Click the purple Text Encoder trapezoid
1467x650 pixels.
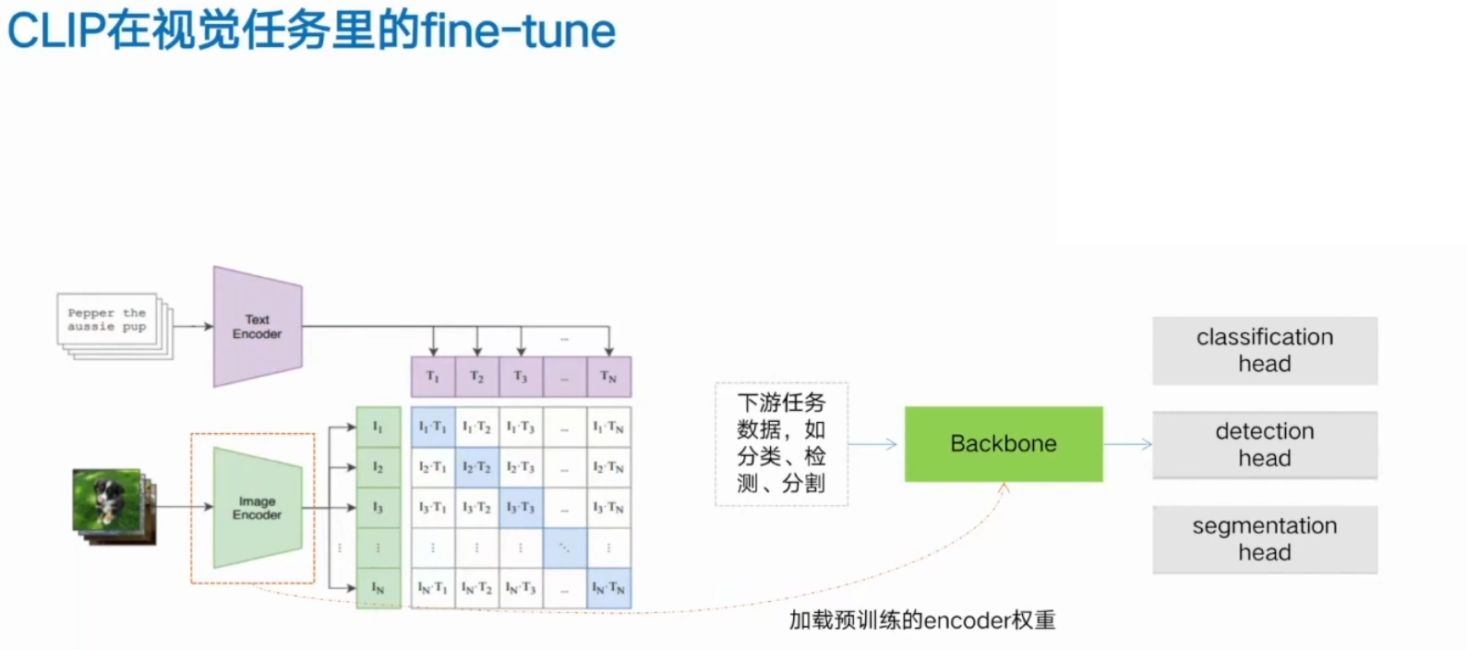[x=258, y=327]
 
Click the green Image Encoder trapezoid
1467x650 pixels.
[x=258, y=508]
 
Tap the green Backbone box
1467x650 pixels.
[x=1004, y=444]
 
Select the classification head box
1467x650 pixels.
[x=1264, y=351]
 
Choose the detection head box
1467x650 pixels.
[x=1264, y=445]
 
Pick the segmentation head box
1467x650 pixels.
[x=1264, y=539]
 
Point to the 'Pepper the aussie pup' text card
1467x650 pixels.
[x=108, y=320]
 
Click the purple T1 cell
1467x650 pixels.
[x=432, y=377]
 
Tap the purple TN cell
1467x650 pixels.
[x=608, y=377]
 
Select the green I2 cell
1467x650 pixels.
[x=378, y=467]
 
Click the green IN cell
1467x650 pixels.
[x=378, y=588]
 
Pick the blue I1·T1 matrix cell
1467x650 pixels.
[x=432, y=427]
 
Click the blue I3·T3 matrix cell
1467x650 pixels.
[x=521, y=508]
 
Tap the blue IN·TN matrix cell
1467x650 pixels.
[x=608, y=588]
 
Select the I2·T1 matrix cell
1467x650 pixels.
[x=432, y=467]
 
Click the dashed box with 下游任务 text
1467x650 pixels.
[x=781, y=444]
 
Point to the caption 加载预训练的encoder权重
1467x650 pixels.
[x=921, y=620]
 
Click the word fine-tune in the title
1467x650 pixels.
[x=518, y=30]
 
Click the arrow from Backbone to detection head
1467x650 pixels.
[x=1127, y=444]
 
